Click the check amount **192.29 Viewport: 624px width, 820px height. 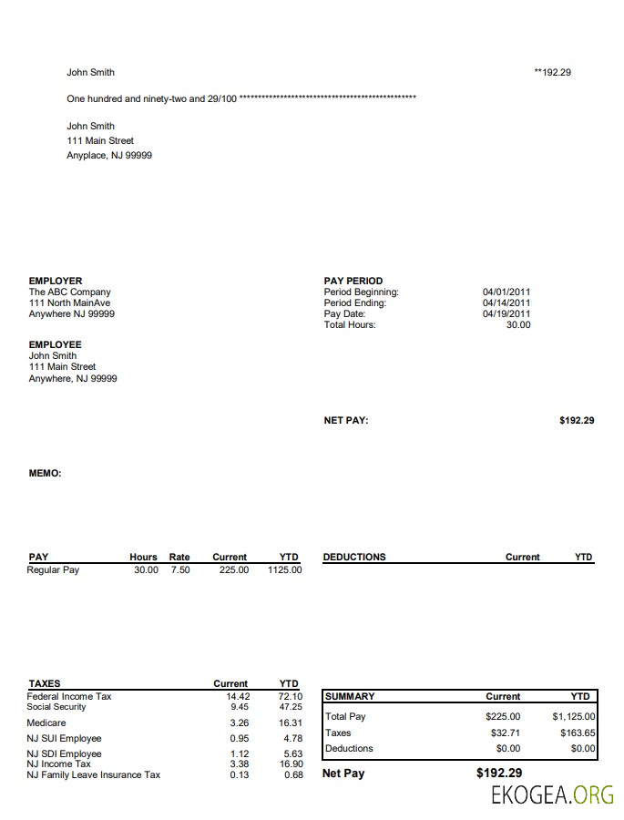pos(552,72)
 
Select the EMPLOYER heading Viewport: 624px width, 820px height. pos(56,281)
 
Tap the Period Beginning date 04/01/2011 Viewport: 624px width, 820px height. pos(506,292)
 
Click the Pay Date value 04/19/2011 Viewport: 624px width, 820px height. pos(506,314)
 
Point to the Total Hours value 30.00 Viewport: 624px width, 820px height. pos(517,325)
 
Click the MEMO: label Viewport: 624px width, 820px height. pos(46,474)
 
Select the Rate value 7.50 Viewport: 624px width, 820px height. pos(180,570)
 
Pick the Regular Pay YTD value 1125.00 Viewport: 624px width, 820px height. pos(284,570)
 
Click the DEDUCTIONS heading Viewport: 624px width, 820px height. pos(354,557)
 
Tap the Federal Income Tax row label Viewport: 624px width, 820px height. pos(69,696)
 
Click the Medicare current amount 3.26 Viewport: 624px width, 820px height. pos(240,723)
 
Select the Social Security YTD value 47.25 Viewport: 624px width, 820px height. pos(291,707)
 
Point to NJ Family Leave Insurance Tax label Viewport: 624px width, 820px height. pos(94,775)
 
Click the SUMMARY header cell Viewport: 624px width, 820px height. pos(350,696)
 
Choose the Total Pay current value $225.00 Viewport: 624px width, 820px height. pos(503,717)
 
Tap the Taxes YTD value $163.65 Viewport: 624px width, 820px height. pos(578,733)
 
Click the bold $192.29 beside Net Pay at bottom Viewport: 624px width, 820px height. pos(499,773)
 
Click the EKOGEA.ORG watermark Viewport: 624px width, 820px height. pos(553,795)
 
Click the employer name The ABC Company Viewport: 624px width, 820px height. pos(70,292)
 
